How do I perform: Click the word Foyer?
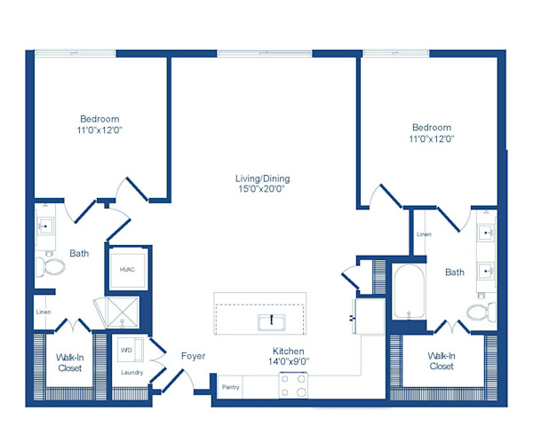tap(193, 356)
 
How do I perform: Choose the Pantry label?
tap(230, 387)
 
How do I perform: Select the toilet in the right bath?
tap(481, 312)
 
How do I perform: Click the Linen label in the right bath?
tap(424, 234)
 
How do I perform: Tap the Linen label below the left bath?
tap(43, 312)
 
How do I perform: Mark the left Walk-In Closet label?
tap(70, 362)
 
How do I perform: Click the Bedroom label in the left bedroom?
tap(99, 119)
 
